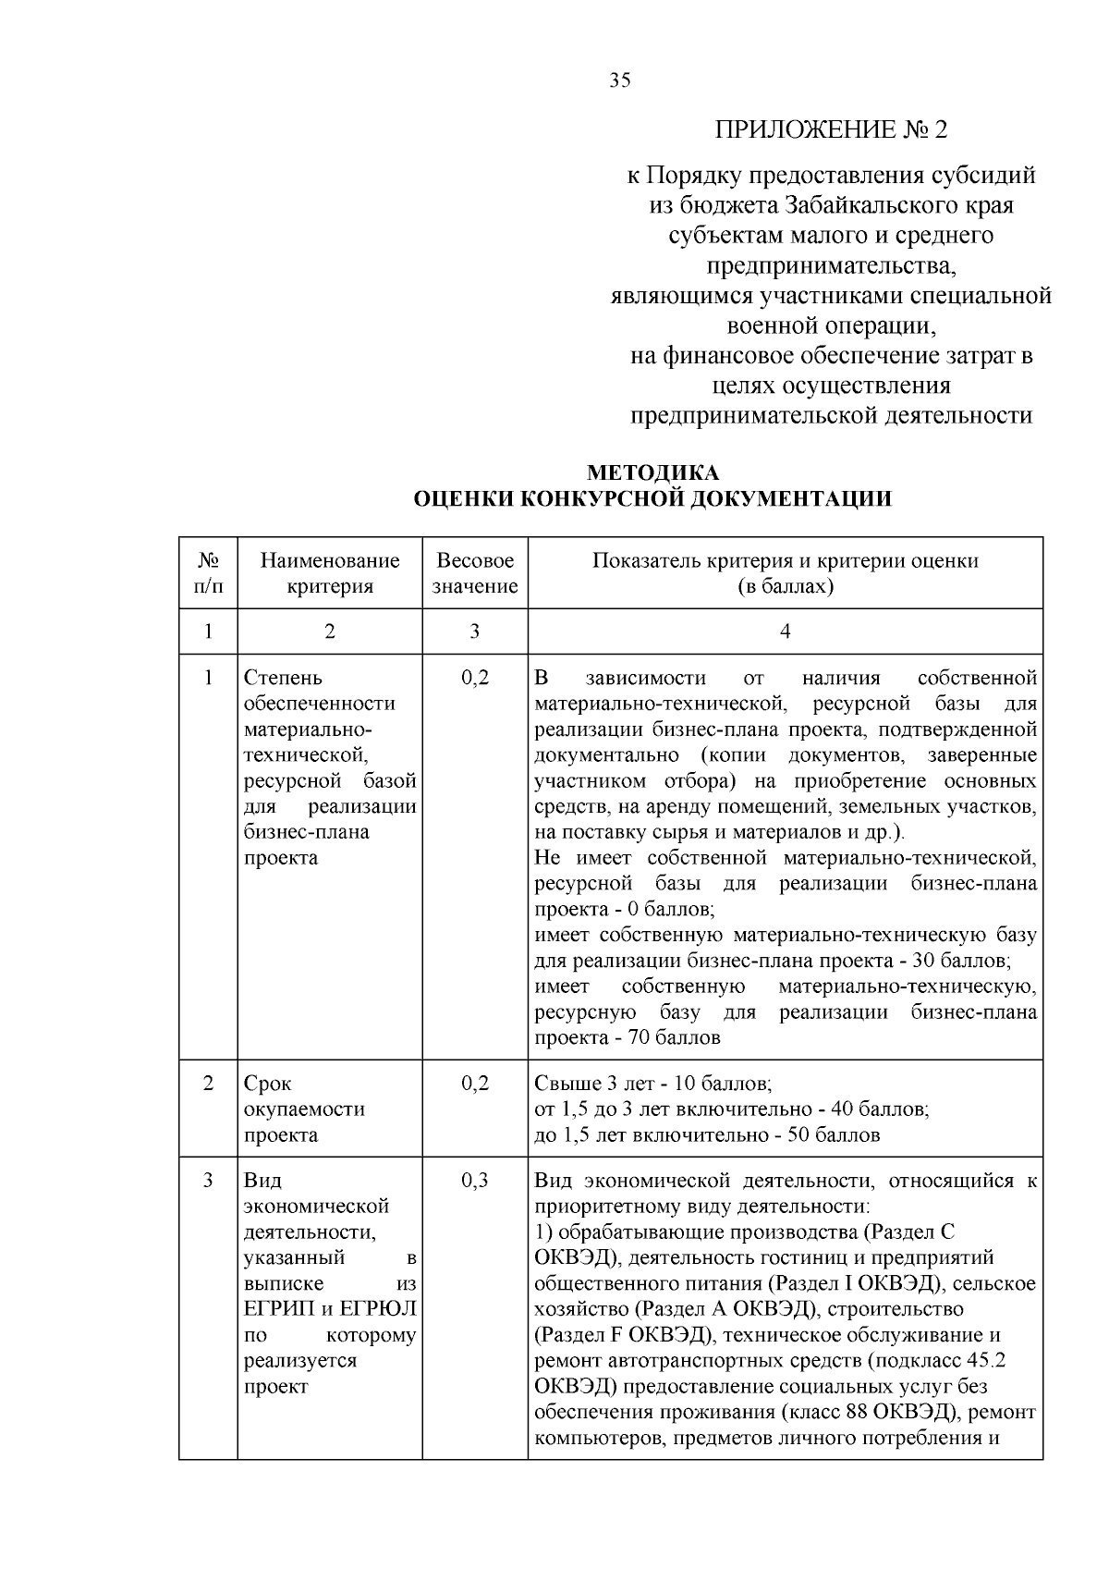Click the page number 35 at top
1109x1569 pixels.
tap(619, 80)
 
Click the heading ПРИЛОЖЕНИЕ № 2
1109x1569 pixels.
tap(831, 129)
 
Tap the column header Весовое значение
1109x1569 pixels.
tap(475, 573)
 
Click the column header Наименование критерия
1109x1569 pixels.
tap(330, 573)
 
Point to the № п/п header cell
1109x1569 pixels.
tap(208, 573)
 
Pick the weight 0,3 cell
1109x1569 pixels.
tap(474, 1181)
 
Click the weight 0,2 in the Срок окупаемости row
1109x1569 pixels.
tap(474, 1083)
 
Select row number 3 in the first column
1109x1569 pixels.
tap(208, 1181)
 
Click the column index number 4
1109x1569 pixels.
tap(785, 631)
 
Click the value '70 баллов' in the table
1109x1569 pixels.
tap(674, 1037)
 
